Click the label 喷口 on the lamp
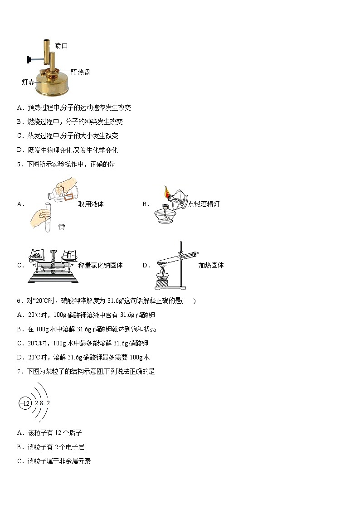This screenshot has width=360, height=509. click(x=61, y=46)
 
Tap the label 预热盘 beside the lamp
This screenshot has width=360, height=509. click(x=80, y=72)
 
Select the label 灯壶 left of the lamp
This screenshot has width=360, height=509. click(x=28, y=82)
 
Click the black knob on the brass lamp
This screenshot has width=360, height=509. click(x=30, y=59)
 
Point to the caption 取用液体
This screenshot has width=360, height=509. click(x=91, y=204)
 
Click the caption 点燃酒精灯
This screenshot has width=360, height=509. click(x=204, y=204)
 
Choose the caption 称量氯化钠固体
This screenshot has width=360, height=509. click(x=100, y=265)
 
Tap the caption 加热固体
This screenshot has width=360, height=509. click(x=211, y=265)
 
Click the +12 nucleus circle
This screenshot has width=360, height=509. click(x=24, y=403)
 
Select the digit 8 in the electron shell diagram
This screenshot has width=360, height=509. click(x=41, y=403)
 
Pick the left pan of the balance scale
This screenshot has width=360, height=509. click(x=36, y=256)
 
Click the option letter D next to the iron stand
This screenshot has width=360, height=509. click(x=146, y=265)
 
